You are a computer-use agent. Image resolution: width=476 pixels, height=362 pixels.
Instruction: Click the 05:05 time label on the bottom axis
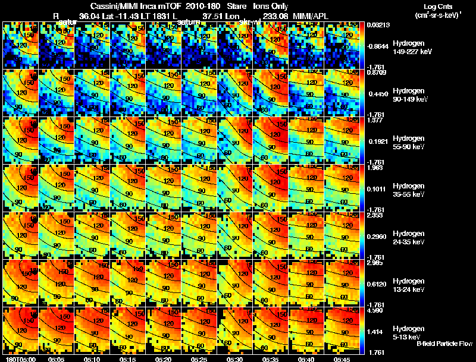[57, 359]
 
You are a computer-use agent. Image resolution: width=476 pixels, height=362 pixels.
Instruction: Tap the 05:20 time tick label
[164, 359]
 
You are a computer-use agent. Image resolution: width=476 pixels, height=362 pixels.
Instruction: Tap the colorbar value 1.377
[375, 120]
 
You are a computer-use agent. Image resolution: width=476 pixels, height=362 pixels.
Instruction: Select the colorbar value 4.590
[375, 310]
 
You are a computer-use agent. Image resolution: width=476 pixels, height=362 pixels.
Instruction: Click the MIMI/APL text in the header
[312, 17]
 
